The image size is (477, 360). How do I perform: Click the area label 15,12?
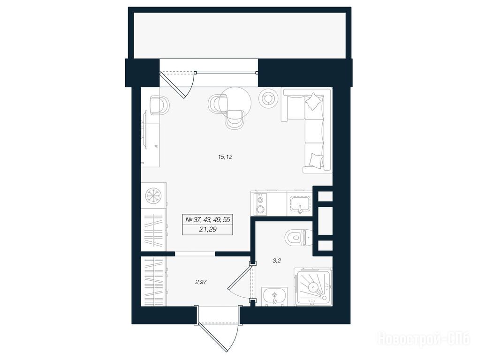225,157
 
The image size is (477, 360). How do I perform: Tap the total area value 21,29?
208,230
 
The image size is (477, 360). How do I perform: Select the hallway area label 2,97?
201,282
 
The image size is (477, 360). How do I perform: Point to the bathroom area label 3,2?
276,261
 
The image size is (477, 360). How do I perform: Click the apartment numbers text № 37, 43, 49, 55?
208,219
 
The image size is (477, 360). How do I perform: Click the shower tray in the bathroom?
313,287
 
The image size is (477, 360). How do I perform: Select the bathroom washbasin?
274,296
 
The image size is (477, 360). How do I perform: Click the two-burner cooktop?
260,204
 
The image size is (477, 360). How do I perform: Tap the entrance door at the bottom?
218,329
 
